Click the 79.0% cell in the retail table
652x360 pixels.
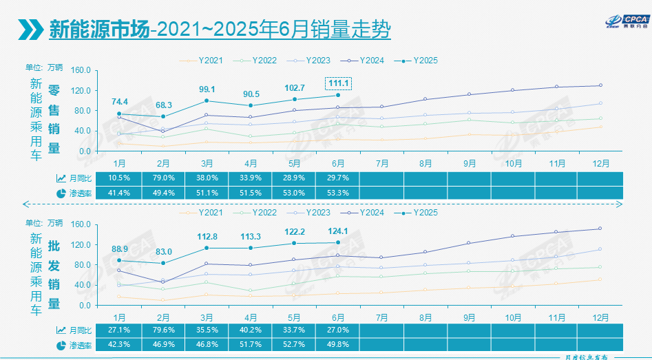coord(164,178)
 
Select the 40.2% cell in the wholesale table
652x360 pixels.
coord(251,329)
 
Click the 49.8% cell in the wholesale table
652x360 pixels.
coord(337,344)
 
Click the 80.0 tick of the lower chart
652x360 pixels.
coord(81,265)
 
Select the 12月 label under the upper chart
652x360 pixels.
coord(600,163)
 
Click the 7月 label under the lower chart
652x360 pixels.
coord(381,317)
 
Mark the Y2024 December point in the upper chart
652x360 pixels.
coord(600,85)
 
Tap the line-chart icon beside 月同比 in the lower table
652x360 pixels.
coord(61,330)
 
